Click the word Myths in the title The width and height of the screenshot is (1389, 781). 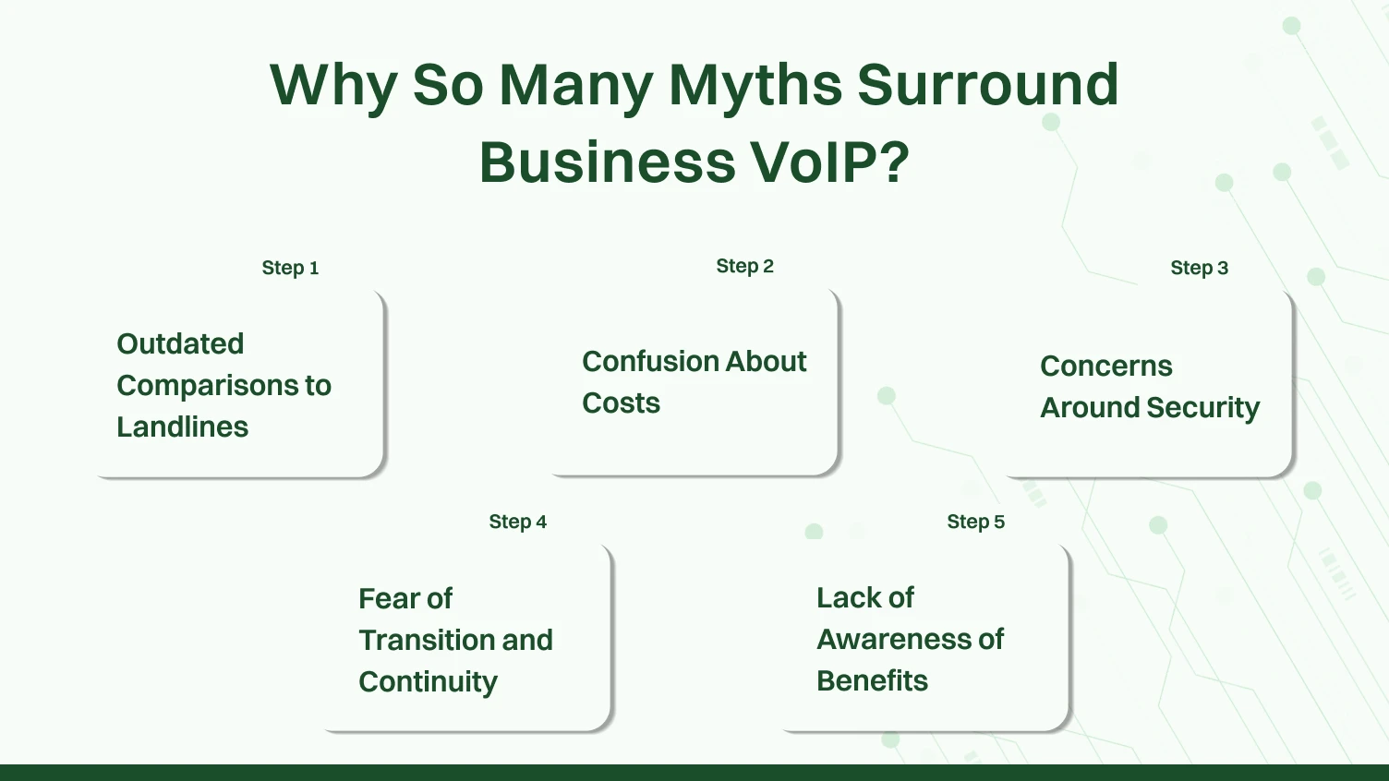755,86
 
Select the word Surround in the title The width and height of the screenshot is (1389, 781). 987,86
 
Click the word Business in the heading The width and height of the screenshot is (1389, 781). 606,163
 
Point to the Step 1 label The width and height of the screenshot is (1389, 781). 290,268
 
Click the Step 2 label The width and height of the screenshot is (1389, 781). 744,266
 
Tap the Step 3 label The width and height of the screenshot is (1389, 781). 1199,268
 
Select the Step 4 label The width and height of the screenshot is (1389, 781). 517,522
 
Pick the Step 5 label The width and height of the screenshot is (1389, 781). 975,522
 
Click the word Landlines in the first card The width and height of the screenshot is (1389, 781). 183,427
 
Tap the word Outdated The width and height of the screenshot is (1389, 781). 180,343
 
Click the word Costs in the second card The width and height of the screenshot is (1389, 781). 621,403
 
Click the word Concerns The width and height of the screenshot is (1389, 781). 1105,366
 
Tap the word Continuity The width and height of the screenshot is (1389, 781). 428,681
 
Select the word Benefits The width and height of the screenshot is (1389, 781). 872,680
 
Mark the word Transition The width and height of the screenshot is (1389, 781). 428,640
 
